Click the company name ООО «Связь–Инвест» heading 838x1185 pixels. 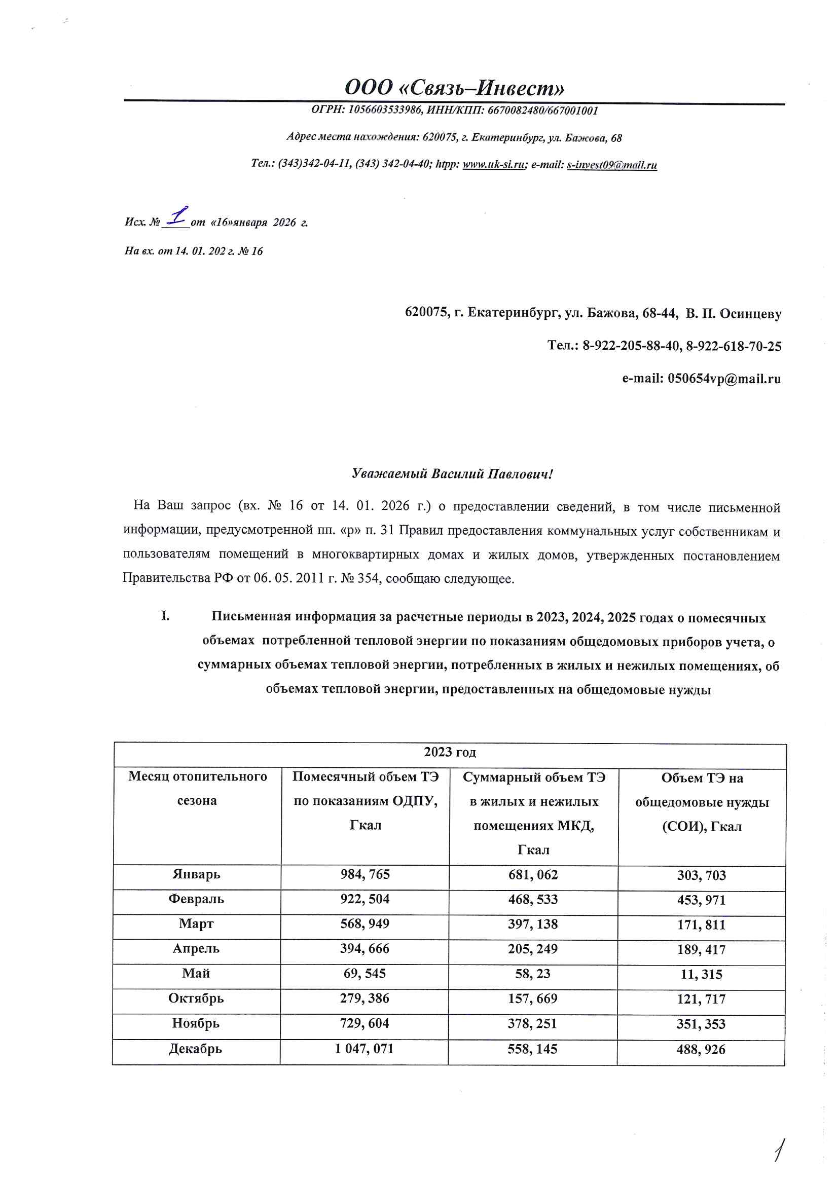[x=454, y=88]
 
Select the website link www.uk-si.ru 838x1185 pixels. [x=493, y=165]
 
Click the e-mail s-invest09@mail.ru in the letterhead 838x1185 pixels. [x=611, y=165]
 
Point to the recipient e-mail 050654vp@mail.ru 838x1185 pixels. [x=724, y=379]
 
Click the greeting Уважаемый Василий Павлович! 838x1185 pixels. [x=452, y=474]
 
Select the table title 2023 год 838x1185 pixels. [x=450, y=752]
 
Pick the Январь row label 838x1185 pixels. [x=196, y=874]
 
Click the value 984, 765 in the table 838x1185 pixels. [x=365, y=874]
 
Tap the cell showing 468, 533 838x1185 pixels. [x=533, y=900]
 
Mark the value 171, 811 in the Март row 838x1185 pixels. [x=701, y=925]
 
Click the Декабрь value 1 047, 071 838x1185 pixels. [x=364, y=1049]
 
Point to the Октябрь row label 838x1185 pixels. [x=196, y=998]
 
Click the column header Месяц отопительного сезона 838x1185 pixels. [x=197, y=789]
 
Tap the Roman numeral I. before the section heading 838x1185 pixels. [x=165, y=616]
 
